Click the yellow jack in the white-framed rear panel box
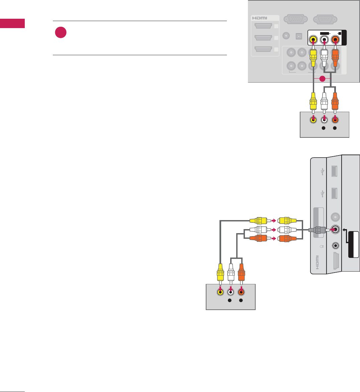313,40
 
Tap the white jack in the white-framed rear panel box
324,40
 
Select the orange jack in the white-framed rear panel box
335,40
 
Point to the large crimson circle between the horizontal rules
61,33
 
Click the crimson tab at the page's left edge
12,24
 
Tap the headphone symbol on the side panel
322,246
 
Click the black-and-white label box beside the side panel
353,244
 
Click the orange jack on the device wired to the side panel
241,292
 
